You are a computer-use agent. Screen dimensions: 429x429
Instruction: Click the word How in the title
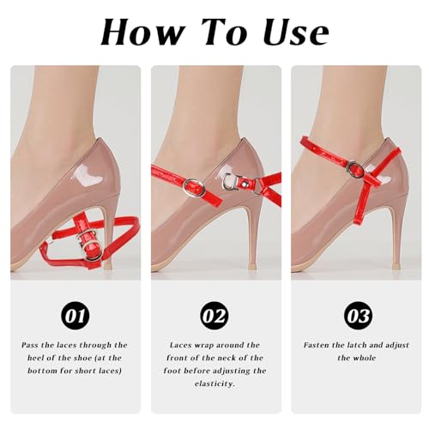point(142,32)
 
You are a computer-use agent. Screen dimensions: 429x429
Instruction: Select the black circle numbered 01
point(76,316)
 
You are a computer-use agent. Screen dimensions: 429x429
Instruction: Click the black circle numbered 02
point(214,316)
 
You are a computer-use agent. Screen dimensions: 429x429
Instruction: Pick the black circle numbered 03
point(358,316)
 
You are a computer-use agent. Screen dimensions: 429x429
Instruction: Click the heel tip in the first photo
point(107,266)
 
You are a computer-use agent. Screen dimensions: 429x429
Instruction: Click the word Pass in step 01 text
point(31,345)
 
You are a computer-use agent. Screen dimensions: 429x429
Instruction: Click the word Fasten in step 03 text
point(317,345)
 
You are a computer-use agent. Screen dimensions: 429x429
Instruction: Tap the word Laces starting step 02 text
point(178,345)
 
